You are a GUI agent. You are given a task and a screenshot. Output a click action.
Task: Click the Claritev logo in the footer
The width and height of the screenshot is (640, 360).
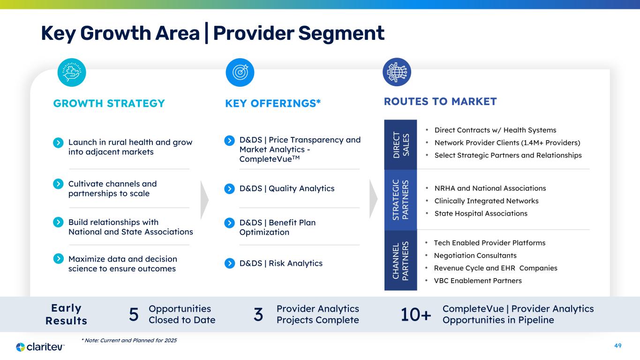coord(40,347)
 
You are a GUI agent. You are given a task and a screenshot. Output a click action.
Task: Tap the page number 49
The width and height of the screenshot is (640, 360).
coord(617,345)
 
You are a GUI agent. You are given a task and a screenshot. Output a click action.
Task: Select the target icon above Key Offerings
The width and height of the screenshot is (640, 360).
coord(240,72)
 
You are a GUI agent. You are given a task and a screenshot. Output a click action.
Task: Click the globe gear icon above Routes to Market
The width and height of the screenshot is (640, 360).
coord(397,72)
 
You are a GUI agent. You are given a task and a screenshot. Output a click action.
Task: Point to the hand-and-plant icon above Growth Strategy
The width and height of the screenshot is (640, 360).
coord(72,72)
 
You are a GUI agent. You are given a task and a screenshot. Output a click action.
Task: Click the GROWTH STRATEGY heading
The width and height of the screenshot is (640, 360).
coord(109,103)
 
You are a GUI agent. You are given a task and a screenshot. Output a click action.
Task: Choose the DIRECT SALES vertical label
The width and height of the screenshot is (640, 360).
coord(401,144)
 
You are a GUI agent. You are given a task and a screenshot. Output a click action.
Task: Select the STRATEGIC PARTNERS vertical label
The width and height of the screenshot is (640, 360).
coord(401,200)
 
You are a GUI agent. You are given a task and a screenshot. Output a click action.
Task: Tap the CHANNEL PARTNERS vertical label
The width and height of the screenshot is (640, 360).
coord(401,261)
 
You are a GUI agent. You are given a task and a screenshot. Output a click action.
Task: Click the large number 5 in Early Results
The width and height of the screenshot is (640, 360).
coord(134,315)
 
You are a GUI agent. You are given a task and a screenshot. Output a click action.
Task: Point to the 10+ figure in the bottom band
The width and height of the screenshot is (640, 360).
coord(416,315)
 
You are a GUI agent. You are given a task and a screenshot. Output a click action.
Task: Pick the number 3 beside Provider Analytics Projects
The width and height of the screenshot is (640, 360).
coord(258,315)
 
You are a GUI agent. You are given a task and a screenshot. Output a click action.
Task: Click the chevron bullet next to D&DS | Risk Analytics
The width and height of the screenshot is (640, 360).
coord(230,263)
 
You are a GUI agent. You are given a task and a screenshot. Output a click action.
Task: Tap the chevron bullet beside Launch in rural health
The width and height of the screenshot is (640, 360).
coord(58,142)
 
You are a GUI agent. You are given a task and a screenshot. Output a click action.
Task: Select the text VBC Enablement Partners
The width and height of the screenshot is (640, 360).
coord(478,281)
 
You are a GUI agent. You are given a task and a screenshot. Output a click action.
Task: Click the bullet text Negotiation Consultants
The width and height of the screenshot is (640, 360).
coord(475,255)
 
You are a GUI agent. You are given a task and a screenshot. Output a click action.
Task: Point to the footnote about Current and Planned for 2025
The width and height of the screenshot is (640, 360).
coord(129,340)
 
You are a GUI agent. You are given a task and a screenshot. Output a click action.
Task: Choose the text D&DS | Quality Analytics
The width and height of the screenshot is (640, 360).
coord(287,188)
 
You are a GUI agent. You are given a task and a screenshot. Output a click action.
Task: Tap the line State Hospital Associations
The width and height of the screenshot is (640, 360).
coord(481,213)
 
